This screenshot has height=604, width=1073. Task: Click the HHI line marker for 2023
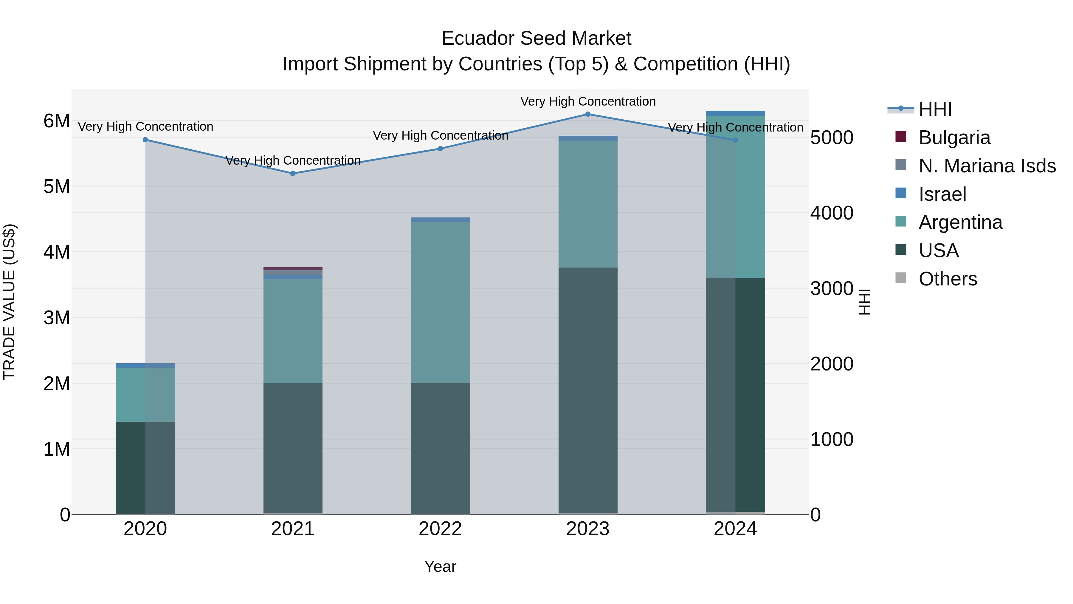pyautogui.click(x=588, y=114)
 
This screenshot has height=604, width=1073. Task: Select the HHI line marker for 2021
pyautogui.click(x=293, y=173)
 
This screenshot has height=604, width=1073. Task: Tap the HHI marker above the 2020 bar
pyautogui.click(x=145, y=140)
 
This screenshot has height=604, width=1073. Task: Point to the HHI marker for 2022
pyautogui.click(x=440, y=149)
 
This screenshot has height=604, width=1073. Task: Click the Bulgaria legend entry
pyautogui.click(x=954, y=138)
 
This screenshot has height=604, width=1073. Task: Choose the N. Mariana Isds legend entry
pyautogui.click(x=986, y=166)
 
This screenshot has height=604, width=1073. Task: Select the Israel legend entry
pyautogui.click(x=942, y=194)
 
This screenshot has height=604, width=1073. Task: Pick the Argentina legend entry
pyautogui.click(x=960, y=222)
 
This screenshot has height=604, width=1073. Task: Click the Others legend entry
pyautogui.click(x=948, y=279)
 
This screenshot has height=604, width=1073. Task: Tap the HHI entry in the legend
pyautogui.click(x=935, y=109)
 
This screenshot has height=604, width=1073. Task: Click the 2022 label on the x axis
pyautogui.click(x=440, y=529)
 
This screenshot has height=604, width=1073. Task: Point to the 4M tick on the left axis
pyautogui.click(x=57, y=252)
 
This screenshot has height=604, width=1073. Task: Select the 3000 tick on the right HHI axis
pyautogui.click(x=831, y=288)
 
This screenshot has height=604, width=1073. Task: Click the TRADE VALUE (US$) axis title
pyautogui.click(x=10, y=302)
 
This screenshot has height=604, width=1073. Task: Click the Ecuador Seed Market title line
pyautogui.click(x=536, y=38)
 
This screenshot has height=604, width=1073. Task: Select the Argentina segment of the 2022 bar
pyautogui.click(x=440, y=302)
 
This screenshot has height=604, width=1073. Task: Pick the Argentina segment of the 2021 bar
pyautogui.click(x=293, y=331)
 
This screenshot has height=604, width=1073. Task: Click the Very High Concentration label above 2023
pyautogui.click(x=588, y=102)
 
